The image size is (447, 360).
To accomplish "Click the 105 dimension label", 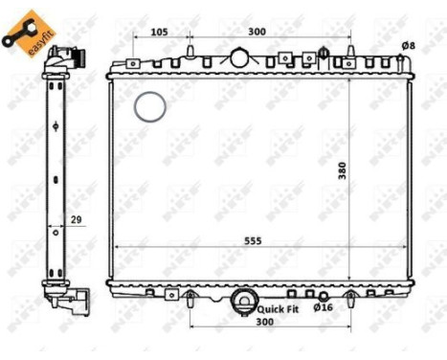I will click(x=160, y=32).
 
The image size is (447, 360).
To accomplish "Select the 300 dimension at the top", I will click(x=257, y=32).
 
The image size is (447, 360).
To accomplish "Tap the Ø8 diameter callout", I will click(x=408, y=45).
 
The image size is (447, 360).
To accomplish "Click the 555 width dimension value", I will click(x=253, y=240).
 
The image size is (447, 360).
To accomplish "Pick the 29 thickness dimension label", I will click(x=76, y=221).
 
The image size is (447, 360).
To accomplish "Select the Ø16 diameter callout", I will click(x=324, y=306).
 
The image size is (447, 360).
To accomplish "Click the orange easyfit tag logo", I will click(x=24, y=34).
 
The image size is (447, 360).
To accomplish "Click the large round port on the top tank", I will click(x=239, y=56).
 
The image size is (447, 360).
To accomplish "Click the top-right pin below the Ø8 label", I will click(x=399, y=62).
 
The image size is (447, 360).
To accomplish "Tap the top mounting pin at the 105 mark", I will click(x=190, y=50).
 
